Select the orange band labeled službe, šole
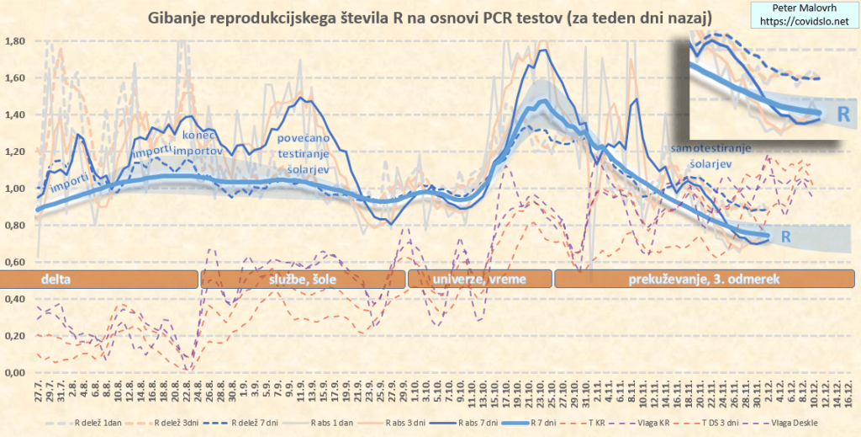pos(303,279)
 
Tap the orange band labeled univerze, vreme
pos(478,279)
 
